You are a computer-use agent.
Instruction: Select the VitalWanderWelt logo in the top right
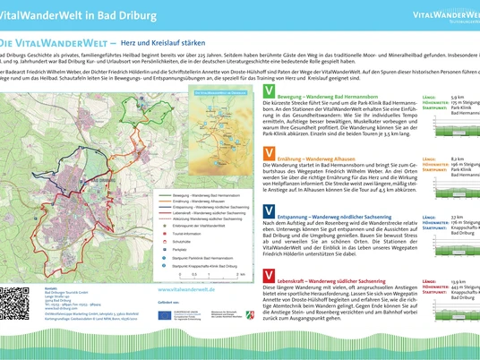coord(444,15)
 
